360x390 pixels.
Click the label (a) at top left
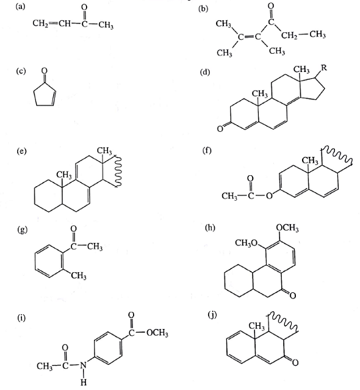point(20,7)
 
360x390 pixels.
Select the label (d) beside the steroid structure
point(205,72)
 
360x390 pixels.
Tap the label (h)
point(210,228)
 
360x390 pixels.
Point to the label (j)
point(212,315)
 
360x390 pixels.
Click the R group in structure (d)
point(324,68)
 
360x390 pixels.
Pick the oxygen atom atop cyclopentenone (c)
point(45,71)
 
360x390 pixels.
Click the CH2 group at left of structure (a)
point(40,24)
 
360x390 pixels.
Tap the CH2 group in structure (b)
point(289,35)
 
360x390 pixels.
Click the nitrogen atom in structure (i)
point(83,366)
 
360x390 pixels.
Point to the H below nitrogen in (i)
point(84,382)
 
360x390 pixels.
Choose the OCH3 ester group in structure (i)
point(157,333)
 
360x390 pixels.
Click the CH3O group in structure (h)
point(246,243)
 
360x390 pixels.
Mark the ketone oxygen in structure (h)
point(292,295)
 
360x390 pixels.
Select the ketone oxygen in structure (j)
point(295,363)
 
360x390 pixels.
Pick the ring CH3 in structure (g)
point(79,276)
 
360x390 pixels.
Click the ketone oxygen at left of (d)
point(220,129)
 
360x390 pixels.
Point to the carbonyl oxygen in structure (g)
point(73,229)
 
